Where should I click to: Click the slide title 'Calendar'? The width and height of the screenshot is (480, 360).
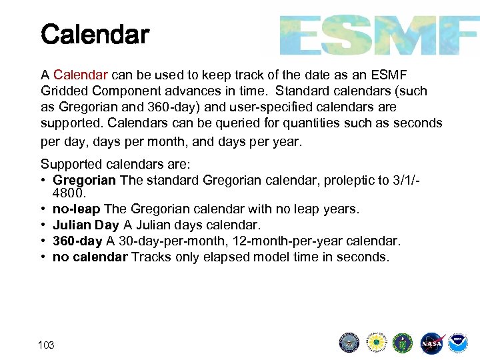click(95, 35)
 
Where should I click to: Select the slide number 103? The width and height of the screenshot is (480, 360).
click(47, 345)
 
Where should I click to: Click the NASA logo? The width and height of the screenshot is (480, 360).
click(431, 343)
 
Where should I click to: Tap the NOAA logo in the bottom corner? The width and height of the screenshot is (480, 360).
click(458, 343)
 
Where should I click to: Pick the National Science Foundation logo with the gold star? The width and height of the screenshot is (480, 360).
click(377, 343)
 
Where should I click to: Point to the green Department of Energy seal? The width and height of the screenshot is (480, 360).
click(403, 343)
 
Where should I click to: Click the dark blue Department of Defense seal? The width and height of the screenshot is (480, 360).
click(349, 343)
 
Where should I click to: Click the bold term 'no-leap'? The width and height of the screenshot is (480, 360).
click(75, 209)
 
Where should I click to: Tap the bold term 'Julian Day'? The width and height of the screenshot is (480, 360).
click(85, 225)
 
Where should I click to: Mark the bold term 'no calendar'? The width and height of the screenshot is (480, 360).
click(90, 257)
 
